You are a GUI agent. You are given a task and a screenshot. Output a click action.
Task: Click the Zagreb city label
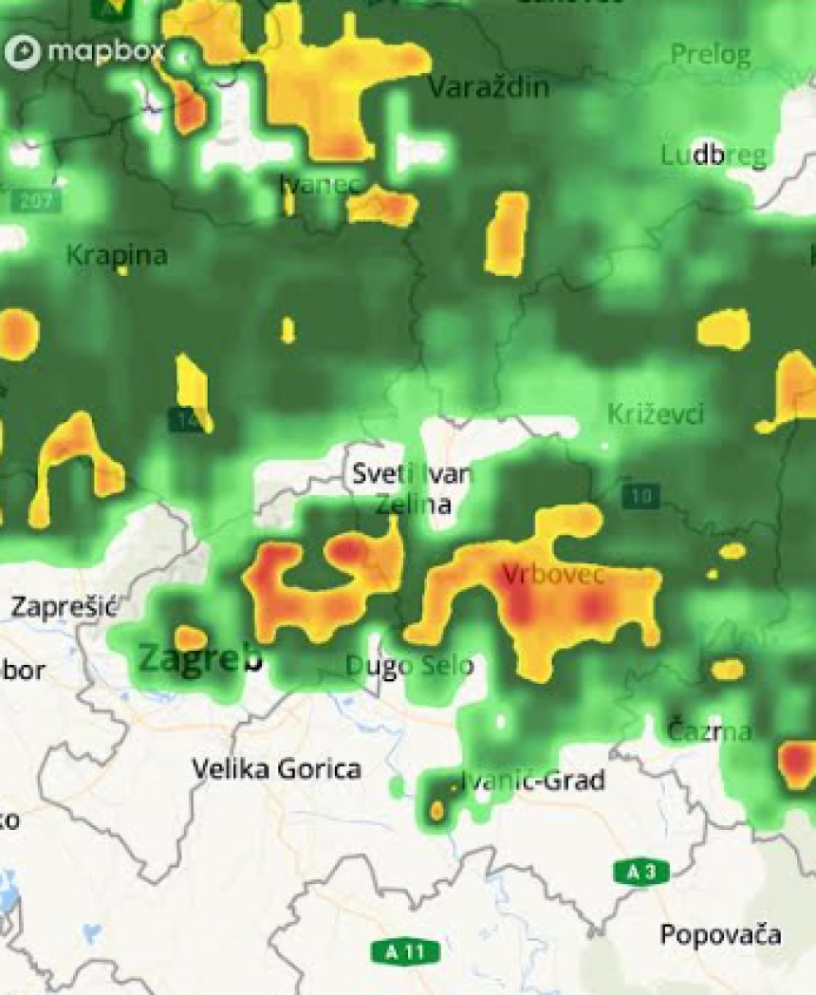coord(200,657)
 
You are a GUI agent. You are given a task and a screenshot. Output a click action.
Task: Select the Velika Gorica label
coord(276,768)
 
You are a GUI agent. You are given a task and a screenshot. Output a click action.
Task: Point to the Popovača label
coord(721,934)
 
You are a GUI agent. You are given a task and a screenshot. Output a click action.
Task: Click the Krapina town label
coord(117,255)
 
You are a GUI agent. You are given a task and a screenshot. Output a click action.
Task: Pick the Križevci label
coord(655,414)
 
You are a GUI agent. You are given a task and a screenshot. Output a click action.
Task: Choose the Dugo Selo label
coord(408,666)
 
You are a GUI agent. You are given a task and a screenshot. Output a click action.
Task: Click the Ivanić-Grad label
coord(533,781)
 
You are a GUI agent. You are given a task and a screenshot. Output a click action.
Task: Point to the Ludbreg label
coord(714,156)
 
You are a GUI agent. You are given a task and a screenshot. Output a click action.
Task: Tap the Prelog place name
coord(710,54)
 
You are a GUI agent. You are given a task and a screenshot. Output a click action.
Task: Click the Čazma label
coord(709,731)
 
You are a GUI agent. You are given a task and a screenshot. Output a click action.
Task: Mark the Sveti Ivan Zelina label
coord(412,488)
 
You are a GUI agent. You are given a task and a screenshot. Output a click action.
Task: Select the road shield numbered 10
coord(641,495)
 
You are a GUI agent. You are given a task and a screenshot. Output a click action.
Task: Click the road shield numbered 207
coord(36,201)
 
